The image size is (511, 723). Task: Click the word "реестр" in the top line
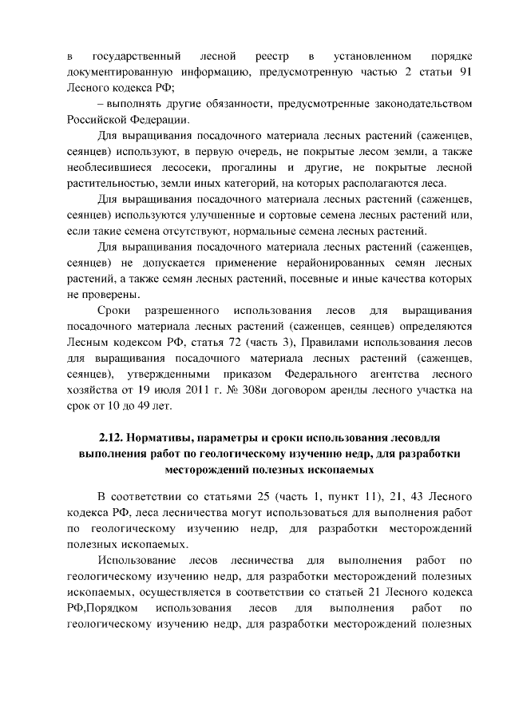(272, 57)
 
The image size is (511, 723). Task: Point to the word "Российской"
(99, 120)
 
